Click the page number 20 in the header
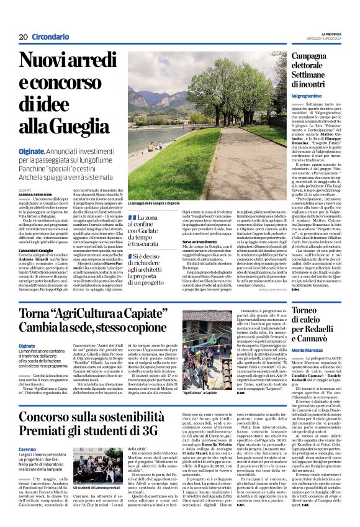pos(23,37)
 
